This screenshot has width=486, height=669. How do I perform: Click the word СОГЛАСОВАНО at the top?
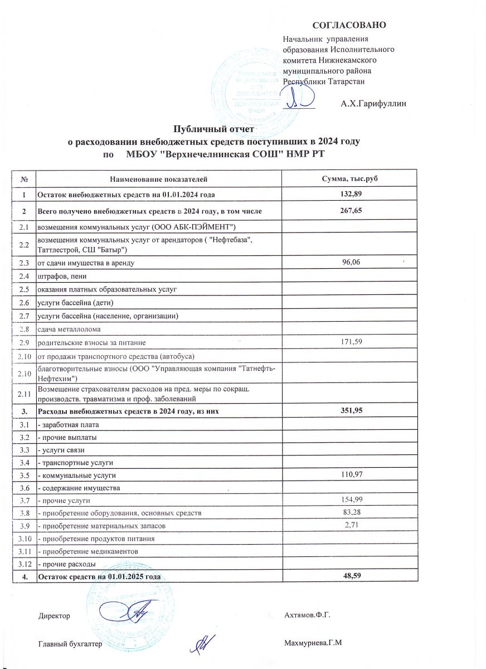[x=349, y=25]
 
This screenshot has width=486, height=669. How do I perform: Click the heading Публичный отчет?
[x=215, y=130]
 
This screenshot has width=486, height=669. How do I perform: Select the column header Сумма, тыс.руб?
[x=351, y=180]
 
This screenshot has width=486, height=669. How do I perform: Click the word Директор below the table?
[x=54, y=616]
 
